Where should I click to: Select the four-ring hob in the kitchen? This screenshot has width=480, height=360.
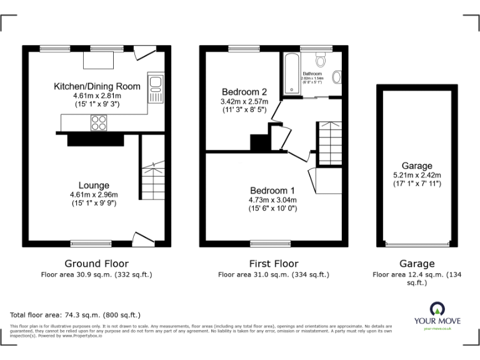point(98,123)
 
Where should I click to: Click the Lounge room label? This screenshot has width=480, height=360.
point(94,185)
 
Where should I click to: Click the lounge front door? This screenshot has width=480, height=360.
point(141,238)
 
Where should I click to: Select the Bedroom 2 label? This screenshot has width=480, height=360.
point(244,91)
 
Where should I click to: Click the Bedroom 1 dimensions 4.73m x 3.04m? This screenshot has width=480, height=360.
point(273,200)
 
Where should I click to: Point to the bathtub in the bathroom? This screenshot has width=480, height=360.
point(291,74)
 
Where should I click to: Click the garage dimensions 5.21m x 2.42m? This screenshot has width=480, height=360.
point(417,176)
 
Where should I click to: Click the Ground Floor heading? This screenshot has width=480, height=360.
point(97,264)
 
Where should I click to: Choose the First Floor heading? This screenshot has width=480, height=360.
point(273,264)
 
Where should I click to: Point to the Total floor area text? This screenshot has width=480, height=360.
point(76,315)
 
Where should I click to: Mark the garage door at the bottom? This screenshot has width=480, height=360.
point(417,245)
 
